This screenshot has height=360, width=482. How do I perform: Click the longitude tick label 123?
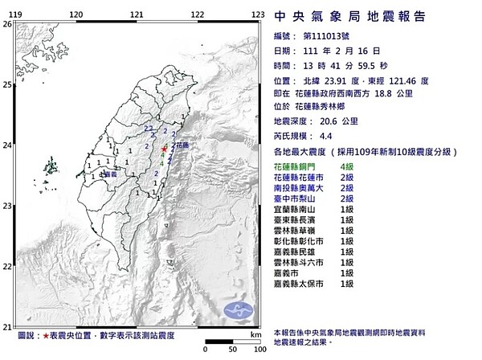coord(258,14)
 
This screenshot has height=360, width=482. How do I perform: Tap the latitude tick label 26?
coord(6,25)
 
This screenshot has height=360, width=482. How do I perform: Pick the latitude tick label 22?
coord(6,265)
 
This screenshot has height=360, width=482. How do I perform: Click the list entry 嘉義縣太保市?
coord(305,284)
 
